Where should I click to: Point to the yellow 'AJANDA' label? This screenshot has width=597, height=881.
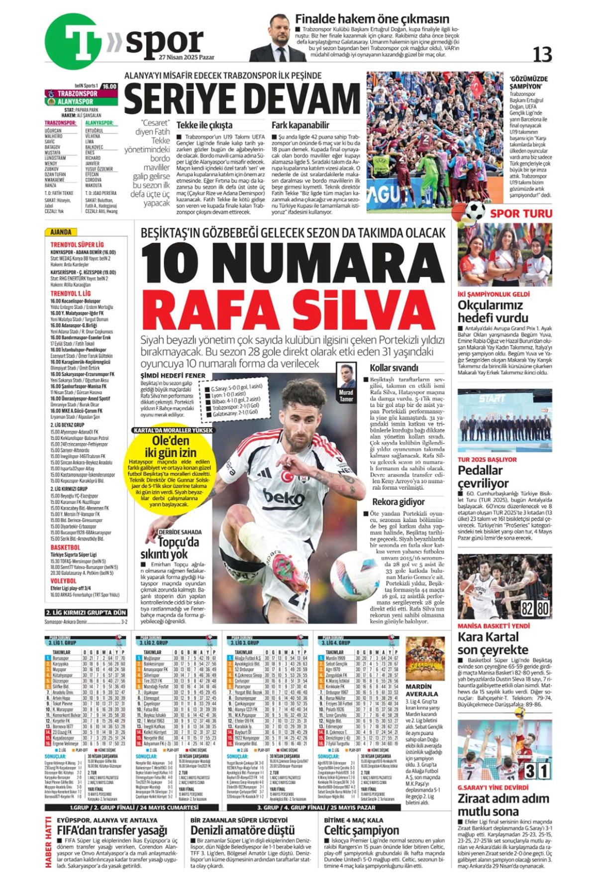(x=61, y=232)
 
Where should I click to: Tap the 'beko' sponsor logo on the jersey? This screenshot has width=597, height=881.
(x=283, y=496)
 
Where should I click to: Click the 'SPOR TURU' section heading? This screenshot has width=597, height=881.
(x=521, y=214)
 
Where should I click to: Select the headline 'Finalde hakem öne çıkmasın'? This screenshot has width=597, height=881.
(x=372, y=19)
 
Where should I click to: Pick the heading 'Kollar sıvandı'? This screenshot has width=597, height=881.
(x=394, y=368)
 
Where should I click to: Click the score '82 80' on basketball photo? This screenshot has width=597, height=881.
(x=535, y=608)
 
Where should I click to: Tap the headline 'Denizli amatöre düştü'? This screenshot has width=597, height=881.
(x=242, y=830)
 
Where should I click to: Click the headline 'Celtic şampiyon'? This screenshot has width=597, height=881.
(x=361, y=830)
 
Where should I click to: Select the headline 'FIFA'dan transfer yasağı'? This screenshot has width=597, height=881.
(x=112, y=830)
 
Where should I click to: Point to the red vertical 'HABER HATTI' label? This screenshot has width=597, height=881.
(x=48, y=842)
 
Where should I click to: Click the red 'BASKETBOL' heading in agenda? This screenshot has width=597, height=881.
(x=65, y=548)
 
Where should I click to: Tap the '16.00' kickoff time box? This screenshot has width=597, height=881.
(x=108, y=86)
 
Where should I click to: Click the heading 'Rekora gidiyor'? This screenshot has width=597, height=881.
(x=398, y=502)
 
